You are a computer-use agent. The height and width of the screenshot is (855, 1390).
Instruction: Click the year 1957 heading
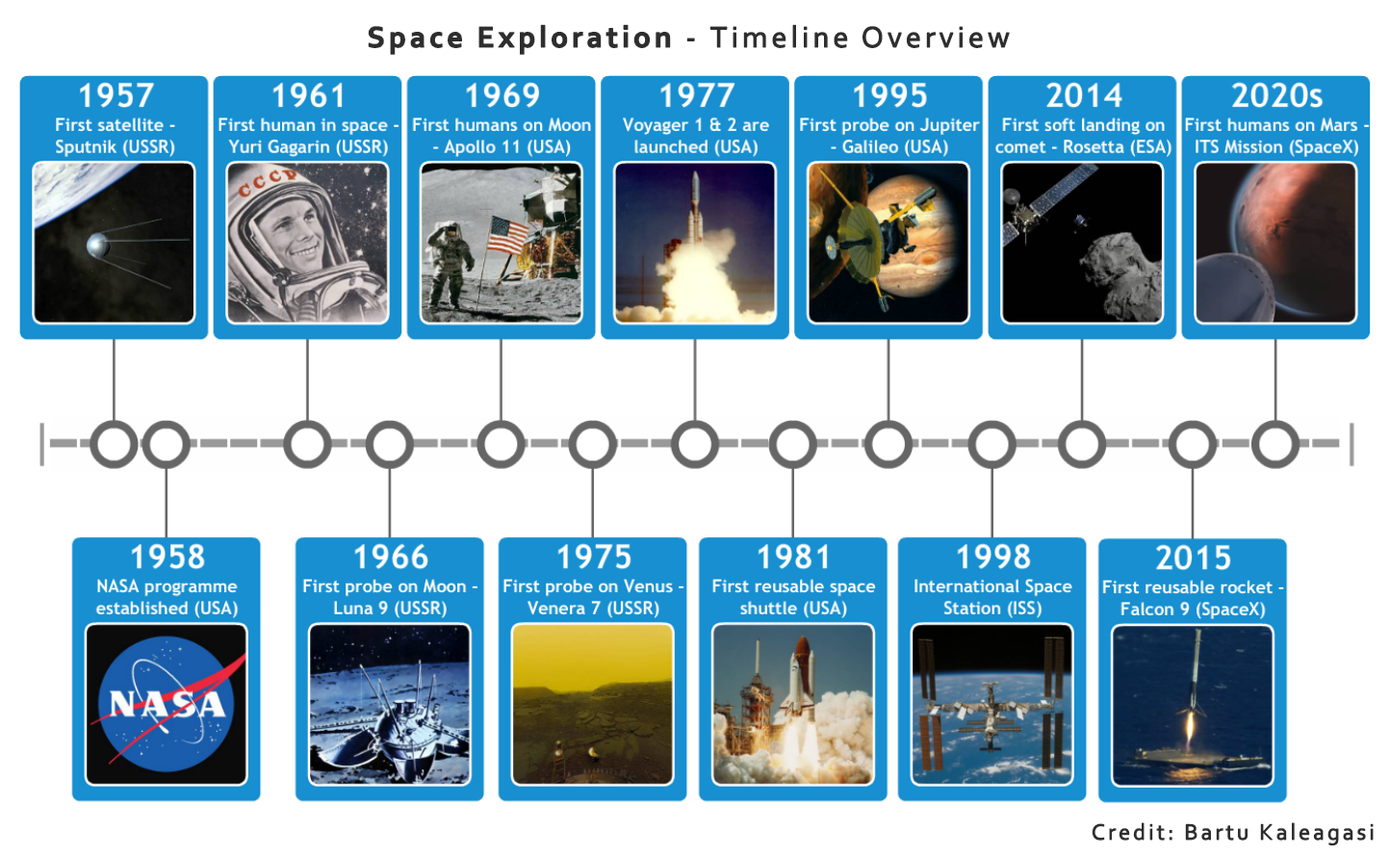pyautogui.click(x=116, y=95)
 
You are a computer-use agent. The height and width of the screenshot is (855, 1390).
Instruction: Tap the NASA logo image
pyautogui.click(x=167, y=704)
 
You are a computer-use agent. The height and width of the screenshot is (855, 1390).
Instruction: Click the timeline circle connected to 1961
pyautogui.click(x=307, y=444)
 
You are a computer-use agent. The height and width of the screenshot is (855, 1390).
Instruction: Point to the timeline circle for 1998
pyautogui.click(x=991, y=444)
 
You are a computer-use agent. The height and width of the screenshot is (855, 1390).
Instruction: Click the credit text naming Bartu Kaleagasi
pyautogui.click(x=1232, y=833)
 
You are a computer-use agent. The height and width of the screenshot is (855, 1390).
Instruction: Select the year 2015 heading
pyautogui.click(x=1193, y=557)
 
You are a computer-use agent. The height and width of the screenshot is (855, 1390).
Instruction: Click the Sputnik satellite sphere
pyautogui.click(x=97, y=246)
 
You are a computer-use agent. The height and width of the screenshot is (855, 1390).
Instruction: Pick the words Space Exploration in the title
pyautogui.click(x=520, y=38)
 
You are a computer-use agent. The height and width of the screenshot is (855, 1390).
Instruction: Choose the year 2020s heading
pyautogui.click(x=1276, y=95)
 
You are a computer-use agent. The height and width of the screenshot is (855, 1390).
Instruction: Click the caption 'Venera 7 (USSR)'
pyautogui.click(x=593, y=609)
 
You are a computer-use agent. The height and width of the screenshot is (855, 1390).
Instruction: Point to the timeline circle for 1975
pyautogui.click(x=593, y=444)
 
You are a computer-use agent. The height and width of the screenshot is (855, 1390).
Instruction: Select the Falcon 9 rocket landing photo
pyautogui.click(x=1192, y=706)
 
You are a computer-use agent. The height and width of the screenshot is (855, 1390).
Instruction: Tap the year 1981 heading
pyautogui.click(x=793, y=557)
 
